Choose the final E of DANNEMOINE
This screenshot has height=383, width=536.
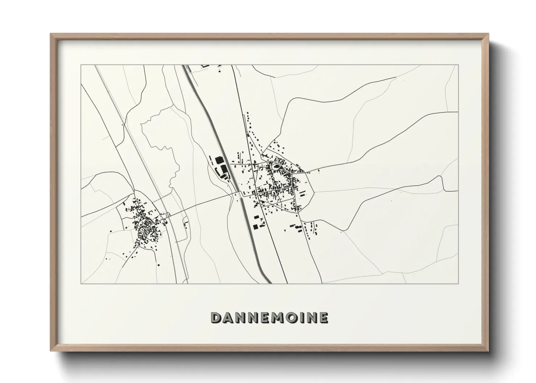coord(323,317)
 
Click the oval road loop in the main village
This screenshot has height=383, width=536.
coord(276,167)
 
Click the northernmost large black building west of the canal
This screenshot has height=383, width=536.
coord(218,160)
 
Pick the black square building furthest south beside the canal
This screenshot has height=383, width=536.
coord(256,227)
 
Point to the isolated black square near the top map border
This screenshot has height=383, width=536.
coord(219,71)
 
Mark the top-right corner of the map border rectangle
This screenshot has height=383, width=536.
coord(458,65)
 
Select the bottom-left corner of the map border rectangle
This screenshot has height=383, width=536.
coord(81,283)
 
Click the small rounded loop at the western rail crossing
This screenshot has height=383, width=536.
coord(168,215)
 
